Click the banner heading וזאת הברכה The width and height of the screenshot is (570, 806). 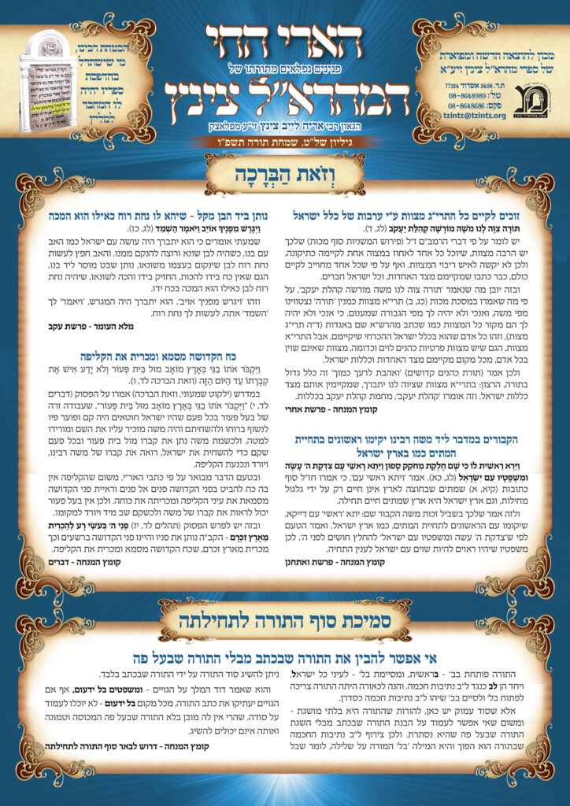pos(285,177)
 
